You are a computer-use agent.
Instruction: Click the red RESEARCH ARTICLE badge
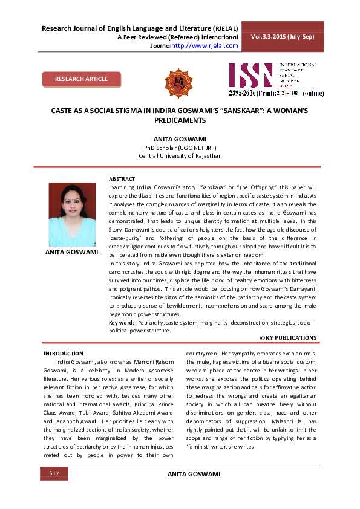point(82,79)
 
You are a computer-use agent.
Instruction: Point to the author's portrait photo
point(73,213)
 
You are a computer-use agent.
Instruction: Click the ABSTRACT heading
point(122,180)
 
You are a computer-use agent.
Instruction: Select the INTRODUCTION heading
point(64,353)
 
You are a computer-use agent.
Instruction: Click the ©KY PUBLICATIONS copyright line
point(288,337)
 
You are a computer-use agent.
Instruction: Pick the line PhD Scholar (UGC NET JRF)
point(180,148)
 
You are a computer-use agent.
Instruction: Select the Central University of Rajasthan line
point(180,156)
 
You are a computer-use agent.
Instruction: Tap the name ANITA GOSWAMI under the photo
point(72,252)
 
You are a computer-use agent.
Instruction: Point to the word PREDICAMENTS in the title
point(180,121)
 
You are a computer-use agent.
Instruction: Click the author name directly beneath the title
point(180,139)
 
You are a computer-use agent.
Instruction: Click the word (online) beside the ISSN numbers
point(313,94)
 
